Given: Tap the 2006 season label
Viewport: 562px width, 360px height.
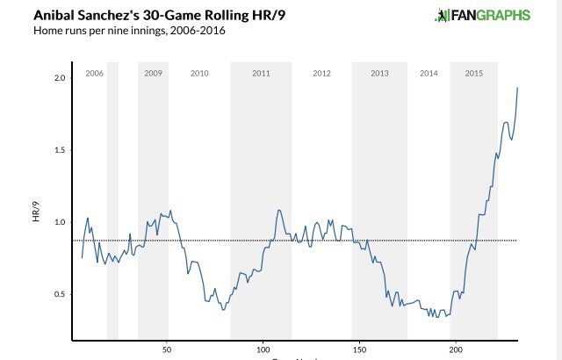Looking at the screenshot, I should (94, 73).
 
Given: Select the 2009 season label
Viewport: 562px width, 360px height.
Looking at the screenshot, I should (153, 73).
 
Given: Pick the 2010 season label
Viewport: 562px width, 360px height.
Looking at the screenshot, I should (199, 73).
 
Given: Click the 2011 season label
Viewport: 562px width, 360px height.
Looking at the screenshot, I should (261, 73).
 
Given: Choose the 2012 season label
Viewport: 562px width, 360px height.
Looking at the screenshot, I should (321, 73).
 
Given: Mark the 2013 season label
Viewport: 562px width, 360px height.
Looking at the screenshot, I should (379, 73).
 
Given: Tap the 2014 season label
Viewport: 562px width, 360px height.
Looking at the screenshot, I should (429, 73).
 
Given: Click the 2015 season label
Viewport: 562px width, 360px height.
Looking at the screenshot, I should (473, 73).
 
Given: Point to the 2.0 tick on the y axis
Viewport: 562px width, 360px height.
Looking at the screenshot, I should (59, 78).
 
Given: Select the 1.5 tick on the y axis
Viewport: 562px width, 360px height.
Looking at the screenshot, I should (59, 150).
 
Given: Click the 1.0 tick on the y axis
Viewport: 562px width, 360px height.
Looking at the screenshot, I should (59, 222).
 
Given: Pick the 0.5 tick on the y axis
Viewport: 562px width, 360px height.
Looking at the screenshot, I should (59, 294).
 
